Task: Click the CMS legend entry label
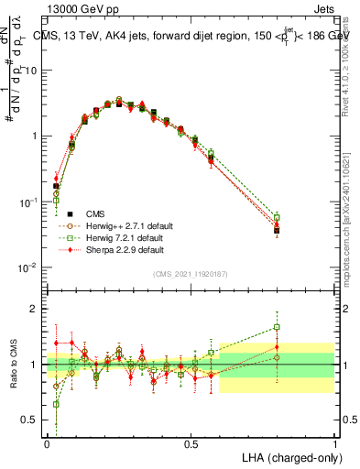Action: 93,213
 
